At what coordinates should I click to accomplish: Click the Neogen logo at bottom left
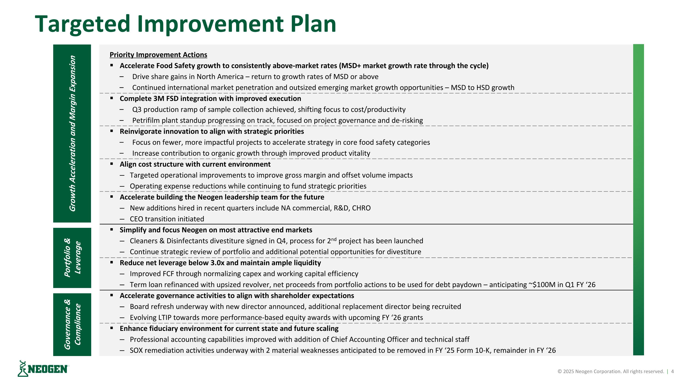[x=43, y=369]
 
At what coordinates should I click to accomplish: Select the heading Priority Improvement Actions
[x=158, y=55]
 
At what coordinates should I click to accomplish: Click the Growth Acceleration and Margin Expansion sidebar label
[x=72, y=134]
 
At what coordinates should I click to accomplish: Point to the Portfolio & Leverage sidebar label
[x=72, y=258]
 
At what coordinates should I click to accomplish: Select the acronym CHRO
[x=361, y=208]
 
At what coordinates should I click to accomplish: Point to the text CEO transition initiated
[x=167, y=219]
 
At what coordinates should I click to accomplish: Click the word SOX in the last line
[x=137, y=350]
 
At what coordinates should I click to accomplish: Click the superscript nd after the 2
[x=334, y=239]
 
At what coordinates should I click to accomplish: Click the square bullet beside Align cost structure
[x=111, y=164]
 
